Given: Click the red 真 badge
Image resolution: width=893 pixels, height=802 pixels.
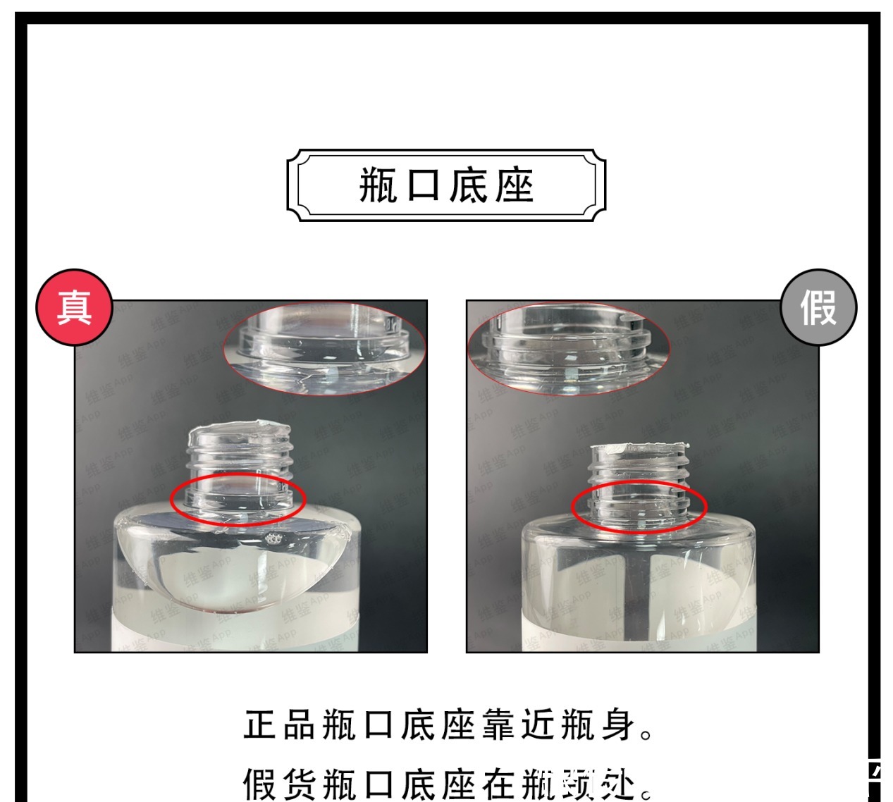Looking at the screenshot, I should click(74, 307).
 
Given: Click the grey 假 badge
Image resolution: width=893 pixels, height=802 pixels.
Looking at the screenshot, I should click(818, 307).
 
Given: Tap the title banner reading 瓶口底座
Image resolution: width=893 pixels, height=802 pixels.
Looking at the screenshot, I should click(446, 185).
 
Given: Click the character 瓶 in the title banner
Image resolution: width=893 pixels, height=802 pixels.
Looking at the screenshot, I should click(378, 186).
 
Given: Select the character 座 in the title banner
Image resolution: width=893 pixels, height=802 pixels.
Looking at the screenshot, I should click(514, 186).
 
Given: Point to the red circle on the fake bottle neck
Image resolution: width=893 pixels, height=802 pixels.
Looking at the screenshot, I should click(639, 506).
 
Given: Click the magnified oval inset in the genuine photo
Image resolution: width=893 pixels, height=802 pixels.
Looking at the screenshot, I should click(324, 350).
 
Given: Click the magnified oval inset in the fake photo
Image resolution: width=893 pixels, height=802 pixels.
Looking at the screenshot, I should click(568, 350).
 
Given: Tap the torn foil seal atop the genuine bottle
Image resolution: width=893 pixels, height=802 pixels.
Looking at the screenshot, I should click(240, 431).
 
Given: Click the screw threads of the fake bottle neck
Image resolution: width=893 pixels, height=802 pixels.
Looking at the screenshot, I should click(639, 469).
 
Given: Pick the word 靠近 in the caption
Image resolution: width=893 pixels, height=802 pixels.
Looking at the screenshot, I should click(519, 726).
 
